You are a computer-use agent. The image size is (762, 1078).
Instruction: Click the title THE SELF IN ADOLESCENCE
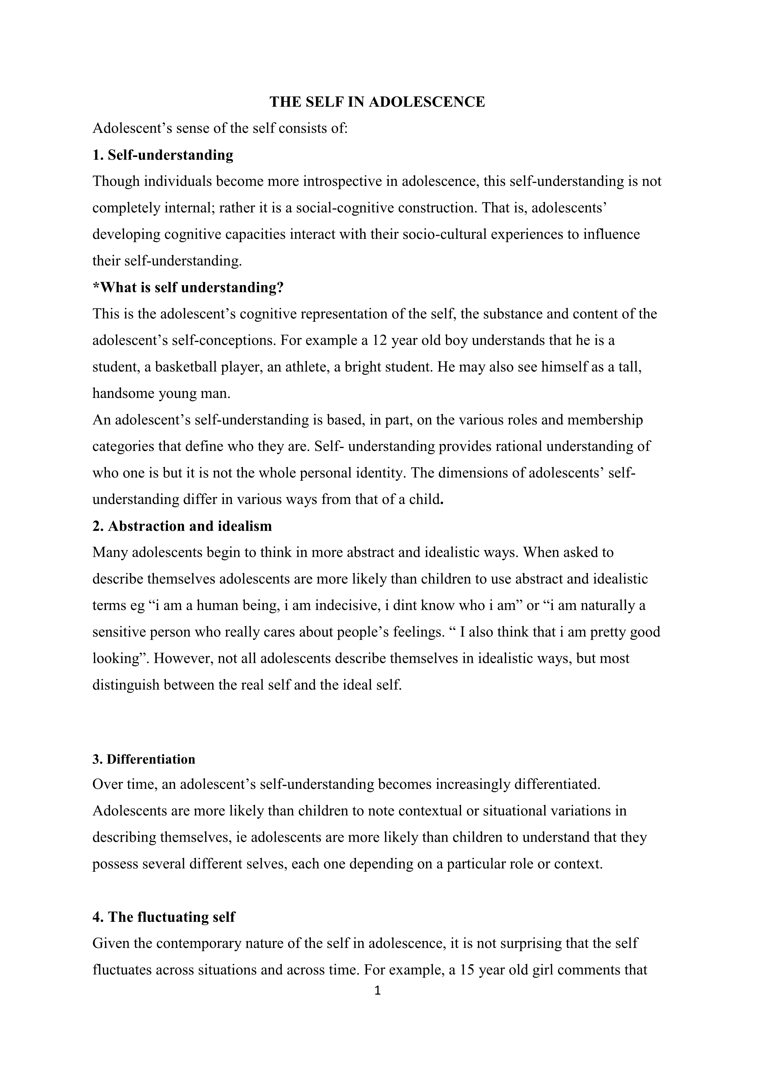tap(377, 102)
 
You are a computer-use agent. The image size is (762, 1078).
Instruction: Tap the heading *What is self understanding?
tap(188, 287)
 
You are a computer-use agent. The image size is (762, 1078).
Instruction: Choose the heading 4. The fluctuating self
tap(164, 917)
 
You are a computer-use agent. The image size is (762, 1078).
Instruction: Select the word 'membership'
tap(605, 420)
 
